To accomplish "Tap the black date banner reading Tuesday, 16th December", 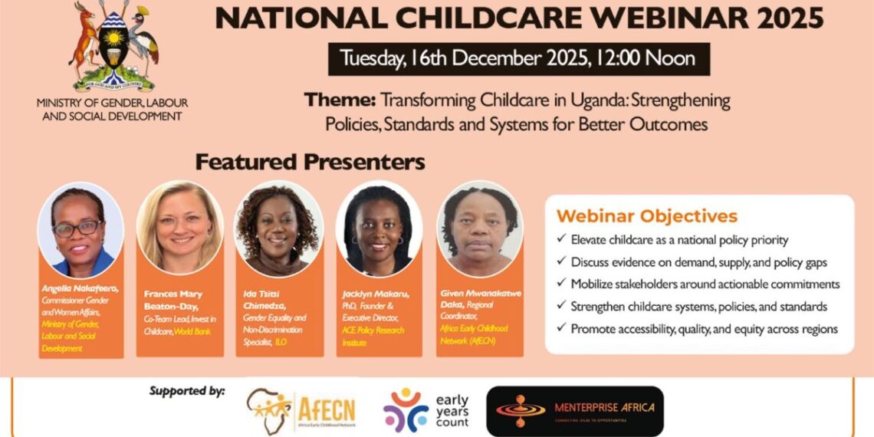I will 518,59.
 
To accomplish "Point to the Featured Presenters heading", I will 310,163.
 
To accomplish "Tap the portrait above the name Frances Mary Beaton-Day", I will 180,228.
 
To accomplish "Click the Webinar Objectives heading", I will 646,216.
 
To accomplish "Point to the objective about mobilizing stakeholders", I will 705,284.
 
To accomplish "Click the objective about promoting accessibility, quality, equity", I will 704,329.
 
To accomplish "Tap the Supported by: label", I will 186,392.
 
